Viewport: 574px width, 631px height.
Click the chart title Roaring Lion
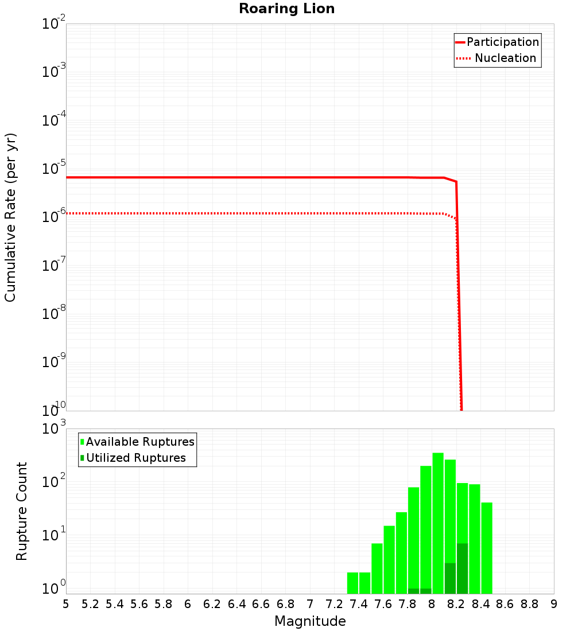tap(286, 9)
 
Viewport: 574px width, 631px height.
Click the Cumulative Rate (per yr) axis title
tap(10, 217)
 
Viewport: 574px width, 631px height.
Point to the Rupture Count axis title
tap(22, 511)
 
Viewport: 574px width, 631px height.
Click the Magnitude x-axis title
tap(310, 621)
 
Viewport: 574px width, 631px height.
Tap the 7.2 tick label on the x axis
tap(334, 604)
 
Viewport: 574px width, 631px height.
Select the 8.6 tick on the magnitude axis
tap(505, 604)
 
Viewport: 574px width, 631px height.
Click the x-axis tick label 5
tap(66, 604)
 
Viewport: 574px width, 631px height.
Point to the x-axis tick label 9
tap(554, 604)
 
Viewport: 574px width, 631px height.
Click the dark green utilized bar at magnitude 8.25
tap(463, 568)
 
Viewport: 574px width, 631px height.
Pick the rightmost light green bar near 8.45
tap(487, 548)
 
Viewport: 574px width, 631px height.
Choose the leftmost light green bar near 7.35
tap(352, 583)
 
